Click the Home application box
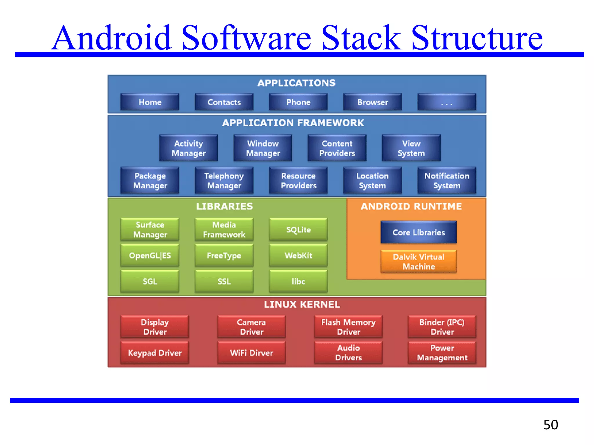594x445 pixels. (150, 102)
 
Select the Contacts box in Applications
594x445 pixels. (224, 102)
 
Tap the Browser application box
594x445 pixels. (372, 102)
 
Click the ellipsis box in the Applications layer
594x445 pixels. (447, 102)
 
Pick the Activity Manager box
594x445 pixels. (189, 148)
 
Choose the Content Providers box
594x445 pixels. (337, 148)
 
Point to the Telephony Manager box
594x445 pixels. (224, 180)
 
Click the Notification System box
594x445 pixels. (447, 180)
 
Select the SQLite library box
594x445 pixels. (298, 229)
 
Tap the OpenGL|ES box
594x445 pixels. (150, 255)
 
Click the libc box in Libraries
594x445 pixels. (298, 281)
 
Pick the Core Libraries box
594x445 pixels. (419, 232)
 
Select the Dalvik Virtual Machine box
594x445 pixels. (419, 261)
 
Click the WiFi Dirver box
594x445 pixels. (251, 353)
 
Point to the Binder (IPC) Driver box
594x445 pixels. (442, 327)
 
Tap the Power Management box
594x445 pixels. (442, 353)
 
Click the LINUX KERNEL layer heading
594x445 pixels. (302, 304)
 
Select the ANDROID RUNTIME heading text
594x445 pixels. (411, 206)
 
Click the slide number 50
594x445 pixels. (550, 425)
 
